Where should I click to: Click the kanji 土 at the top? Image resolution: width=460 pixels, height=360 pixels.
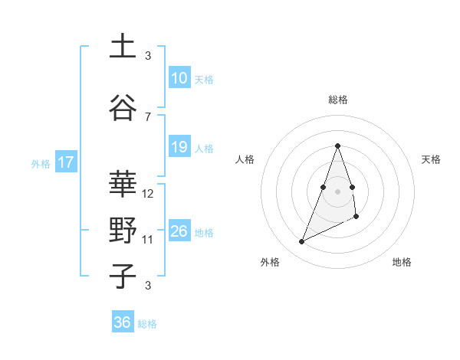[123, 46]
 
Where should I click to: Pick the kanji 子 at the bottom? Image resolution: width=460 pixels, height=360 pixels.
[123, 275]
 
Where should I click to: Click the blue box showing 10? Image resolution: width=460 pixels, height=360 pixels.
[179, 77]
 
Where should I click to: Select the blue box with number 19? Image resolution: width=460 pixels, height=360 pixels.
[179, 147]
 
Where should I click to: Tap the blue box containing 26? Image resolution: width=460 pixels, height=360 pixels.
[179, 231]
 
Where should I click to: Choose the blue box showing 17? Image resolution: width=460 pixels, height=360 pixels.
[65, 162]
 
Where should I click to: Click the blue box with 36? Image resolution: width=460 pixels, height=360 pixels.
[122, 322]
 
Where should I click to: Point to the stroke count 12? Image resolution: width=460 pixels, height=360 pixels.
[149, 194]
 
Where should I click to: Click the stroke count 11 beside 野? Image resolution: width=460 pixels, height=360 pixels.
[148, 239]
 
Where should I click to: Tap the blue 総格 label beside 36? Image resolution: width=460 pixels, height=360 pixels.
[147, 324]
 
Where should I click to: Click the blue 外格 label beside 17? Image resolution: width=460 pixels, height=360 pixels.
[41, 163]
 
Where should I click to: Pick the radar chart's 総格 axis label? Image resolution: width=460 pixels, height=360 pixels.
[337, 100]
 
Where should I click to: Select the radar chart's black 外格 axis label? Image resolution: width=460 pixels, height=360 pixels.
[270, 262]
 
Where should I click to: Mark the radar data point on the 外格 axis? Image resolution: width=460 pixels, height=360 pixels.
[302, 242]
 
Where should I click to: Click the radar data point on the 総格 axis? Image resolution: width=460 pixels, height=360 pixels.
[337, 146]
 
